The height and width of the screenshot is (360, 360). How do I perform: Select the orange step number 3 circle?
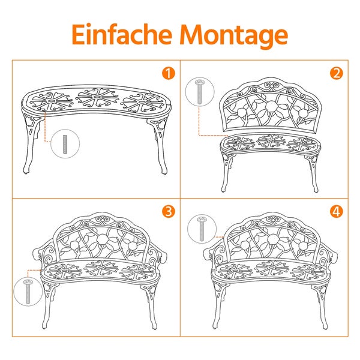(169, 211)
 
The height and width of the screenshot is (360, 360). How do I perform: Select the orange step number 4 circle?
(336, 211)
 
